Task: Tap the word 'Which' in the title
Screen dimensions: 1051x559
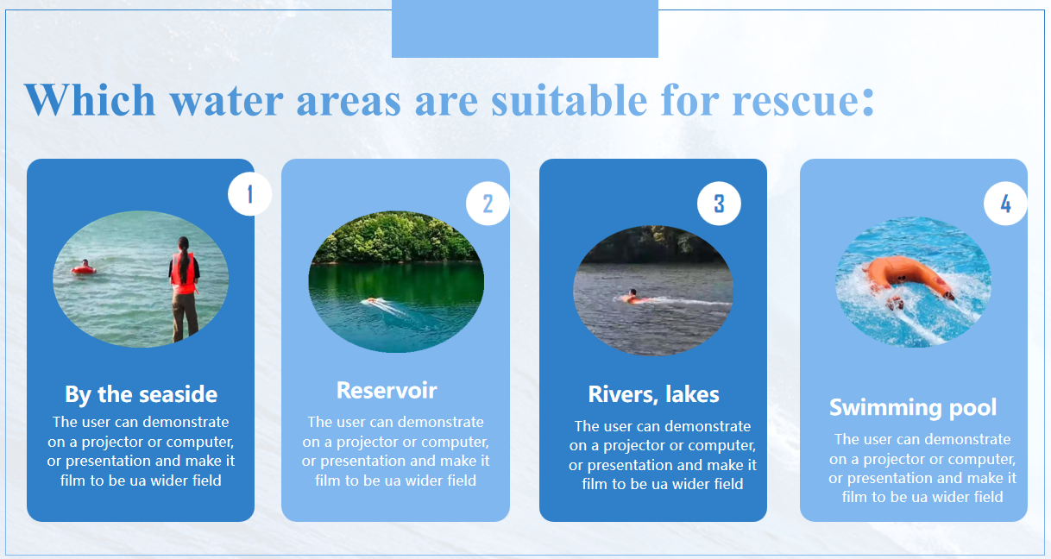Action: pyautogui.click(x=90, y=99)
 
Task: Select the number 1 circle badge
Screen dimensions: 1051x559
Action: pyautogui.click(x=249, y=194)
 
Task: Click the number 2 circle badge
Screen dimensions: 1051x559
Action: pyautogui.click(x=488, y=204)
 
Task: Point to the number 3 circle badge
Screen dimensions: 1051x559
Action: pyautogui.click(x=719, y=204)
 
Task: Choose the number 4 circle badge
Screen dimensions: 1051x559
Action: pyautogui.click(x=1005, y=204)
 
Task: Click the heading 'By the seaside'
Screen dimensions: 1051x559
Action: pyautogui.click(x=141, y=395)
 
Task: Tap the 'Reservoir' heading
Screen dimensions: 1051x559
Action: pyautogui.click(x=387, y=390)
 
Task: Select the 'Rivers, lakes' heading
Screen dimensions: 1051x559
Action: pyautogui.click(x=653, y=394)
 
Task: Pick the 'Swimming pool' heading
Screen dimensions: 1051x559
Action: pyautogui.click(x=913, y=408)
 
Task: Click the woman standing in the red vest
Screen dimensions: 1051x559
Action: pyautogui.click(x=185, y=289)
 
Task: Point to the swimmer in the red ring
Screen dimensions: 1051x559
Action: pyautogui.click(x=84, y=267)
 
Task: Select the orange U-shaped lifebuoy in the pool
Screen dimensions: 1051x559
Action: pyautogui.click(x=908, y=279)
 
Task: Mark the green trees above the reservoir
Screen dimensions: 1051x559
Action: pyautogui.click(x=396, y=237)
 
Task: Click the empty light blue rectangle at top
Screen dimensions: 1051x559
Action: pyautogui.click(x=525, y=28)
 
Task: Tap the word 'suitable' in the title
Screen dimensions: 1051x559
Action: pyautogui.click(x=570, y=99)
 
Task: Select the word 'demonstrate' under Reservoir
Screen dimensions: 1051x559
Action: pyautogui.click(x=443, y=422)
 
